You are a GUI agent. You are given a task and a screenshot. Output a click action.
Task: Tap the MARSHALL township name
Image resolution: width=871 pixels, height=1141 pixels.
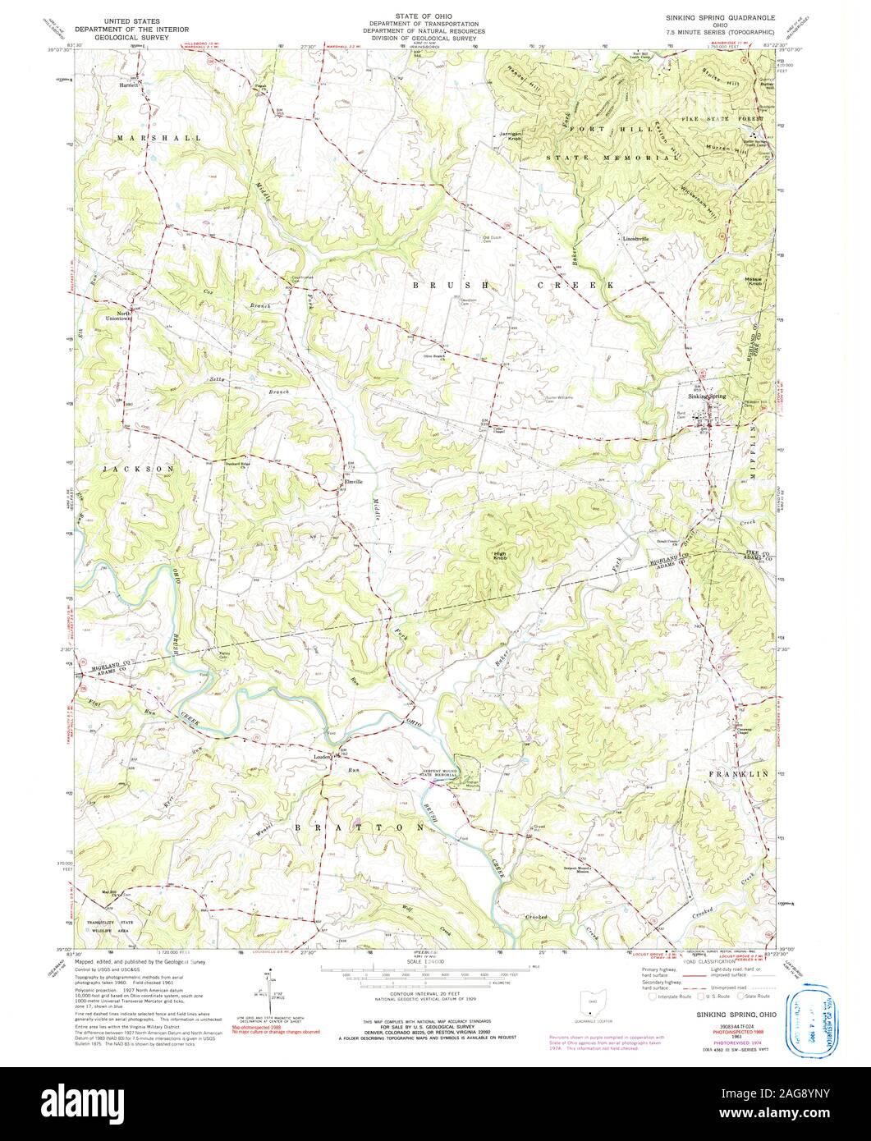[158, 138]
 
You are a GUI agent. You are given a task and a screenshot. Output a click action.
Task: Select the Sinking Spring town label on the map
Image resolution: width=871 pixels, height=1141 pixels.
[708, 396]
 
